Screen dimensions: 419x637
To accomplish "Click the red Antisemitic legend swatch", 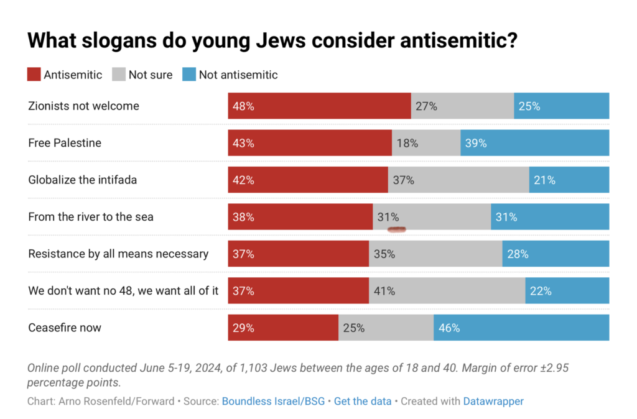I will [x=34, y=75].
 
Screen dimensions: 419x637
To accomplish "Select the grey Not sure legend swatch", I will [x=119, y=75].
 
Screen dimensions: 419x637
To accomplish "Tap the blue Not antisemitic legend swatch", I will [x=189, y=75].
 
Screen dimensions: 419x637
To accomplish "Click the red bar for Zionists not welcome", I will [x=319, y=106].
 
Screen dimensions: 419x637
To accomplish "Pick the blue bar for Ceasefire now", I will [x=521, y=328].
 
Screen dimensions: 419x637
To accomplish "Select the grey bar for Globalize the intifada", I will [x=458, y=180].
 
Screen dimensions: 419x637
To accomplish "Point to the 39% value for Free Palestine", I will [x=475, y=143].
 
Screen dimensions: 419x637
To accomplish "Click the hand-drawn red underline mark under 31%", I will [x=396, y=229].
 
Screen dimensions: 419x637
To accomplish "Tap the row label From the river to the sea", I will [x=91, y=217].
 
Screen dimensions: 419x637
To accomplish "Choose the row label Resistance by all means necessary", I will [x=118, y=254].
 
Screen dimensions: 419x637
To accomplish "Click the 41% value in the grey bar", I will [x=384, y=290].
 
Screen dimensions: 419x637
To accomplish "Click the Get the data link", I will [x=363, y=401].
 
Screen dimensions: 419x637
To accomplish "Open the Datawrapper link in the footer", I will [x=493, y=401].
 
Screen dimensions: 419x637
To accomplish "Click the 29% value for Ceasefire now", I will [x=243, y=328].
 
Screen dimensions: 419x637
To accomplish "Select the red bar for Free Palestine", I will [x=310, y=143].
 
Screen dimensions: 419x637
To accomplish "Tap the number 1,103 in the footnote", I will [x=234, y=367].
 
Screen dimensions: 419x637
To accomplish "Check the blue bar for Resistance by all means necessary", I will [x=556, y=254].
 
